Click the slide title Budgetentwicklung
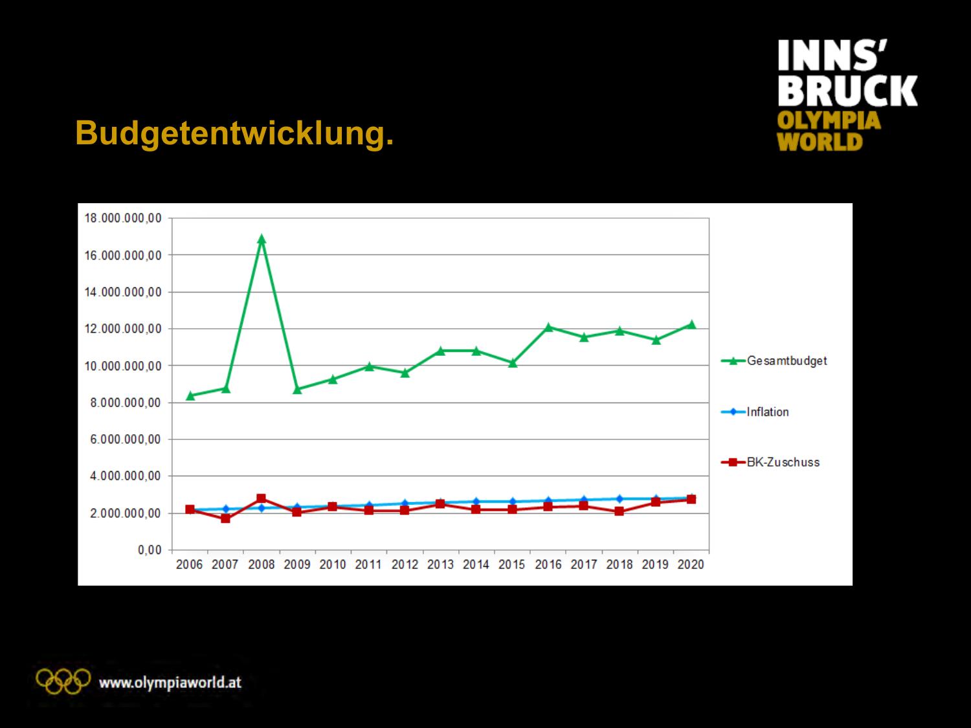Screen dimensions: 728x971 (234, 133)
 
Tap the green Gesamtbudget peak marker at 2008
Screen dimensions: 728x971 (262, 239)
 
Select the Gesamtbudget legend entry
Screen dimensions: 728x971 (787, 361)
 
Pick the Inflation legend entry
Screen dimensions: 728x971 (767, 412)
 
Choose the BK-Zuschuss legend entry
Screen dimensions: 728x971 (783, 462)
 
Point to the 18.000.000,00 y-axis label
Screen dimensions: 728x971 (123, 218)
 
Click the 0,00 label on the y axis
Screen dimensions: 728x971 (149, 550)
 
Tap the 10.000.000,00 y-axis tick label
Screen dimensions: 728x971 (123, 366)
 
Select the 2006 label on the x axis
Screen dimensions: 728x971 (190, 564)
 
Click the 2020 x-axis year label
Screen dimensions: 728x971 (691, 564)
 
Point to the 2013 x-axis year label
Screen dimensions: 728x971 (440, 564)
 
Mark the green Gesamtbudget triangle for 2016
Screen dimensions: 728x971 (548, 327)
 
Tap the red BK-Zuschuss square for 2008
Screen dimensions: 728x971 (262, 498)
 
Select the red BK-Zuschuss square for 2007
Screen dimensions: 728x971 (225, 518)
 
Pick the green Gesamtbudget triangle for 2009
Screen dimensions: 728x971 (297, 390)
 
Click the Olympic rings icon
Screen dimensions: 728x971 (63, 680)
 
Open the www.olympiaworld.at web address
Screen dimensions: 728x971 (170, 682)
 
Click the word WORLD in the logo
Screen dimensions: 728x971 (820, 142)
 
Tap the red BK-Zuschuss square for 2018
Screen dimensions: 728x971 (619, 511)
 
